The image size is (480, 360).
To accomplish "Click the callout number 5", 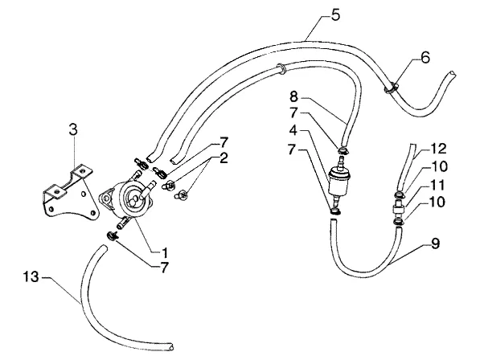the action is [335, 14].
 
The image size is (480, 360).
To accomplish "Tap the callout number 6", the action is [425, 58].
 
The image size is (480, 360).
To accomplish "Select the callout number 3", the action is [73, 129].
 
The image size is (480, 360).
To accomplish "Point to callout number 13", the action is [31, 277].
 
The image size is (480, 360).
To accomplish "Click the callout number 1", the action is [165, 252].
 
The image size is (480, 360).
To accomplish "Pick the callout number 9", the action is [435, 243].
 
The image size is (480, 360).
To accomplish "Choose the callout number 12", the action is [439, 149].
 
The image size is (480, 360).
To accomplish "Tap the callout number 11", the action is [437, 185].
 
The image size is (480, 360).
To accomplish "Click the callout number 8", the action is [293, 97].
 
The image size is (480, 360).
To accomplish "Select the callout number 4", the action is [293, 130].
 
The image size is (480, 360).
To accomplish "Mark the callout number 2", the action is [224, 158].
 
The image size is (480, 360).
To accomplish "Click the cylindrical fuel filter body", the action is [338, 182].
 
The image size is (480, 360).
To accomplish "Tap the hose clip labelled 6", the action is [391, 88].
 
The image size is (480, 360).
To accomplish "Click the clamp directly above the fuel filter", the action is [343, 150].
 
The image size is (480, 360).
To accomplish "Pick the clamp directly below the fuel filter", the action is [335, 211].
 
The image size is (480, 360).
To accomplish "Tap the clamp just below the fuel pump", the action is [113, 235].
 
